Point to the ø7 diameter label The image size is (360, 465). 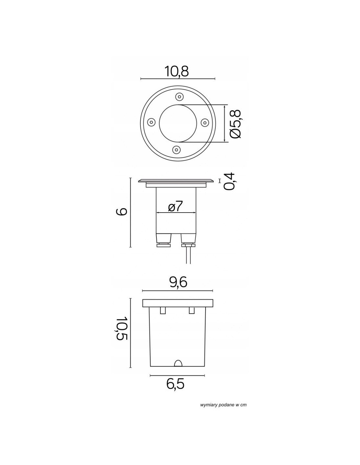175,206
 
